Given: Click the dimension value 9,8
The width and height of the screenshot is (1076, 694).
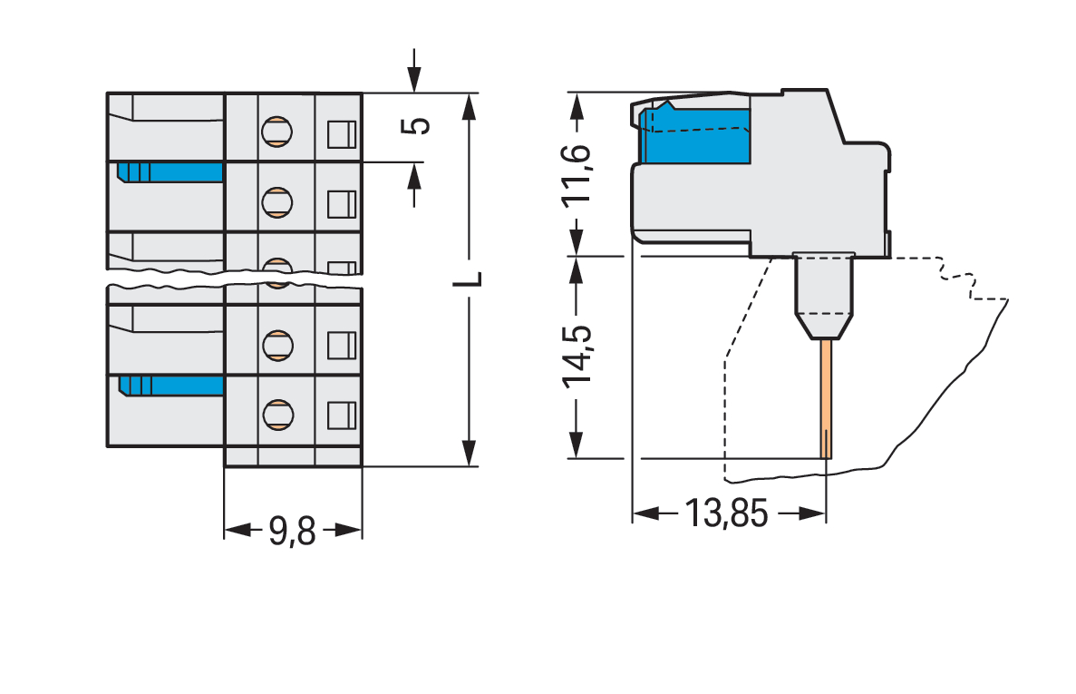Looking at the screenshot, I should pyautogui.click(x=292, y=531).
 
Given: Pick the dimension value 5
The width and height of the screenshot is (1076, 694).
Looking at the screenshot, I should pyautogui.click(x=416, y=125).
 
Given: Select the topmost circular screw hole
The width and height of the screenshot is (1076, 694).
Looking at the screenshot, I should pyautogui.click(x=276, y=132).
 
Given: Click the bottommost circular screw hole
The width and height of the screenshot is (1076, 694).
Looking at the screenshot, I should pyautogui.click(x=276, y=414).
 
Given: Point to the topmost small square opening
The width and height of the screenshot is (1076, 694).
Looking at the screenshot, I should pyautogui.click(x=340, y=133).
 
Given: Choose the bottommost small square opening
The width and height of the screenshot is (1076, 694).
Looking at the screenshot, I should pyautogui.click(x=340, y=415).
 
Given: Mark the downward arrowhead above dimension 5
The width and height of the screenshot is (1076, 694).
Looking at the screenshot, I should pyautogui.click(x=415, y=81).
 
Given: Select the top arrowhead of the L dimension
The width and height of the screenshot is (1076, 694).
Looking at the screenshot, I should pyautogui.click(x=468, y=106).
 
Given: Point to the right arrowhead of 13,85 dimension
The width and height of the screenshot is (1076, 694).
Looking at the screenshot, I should pyautogui.click(x=814, y=514).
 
